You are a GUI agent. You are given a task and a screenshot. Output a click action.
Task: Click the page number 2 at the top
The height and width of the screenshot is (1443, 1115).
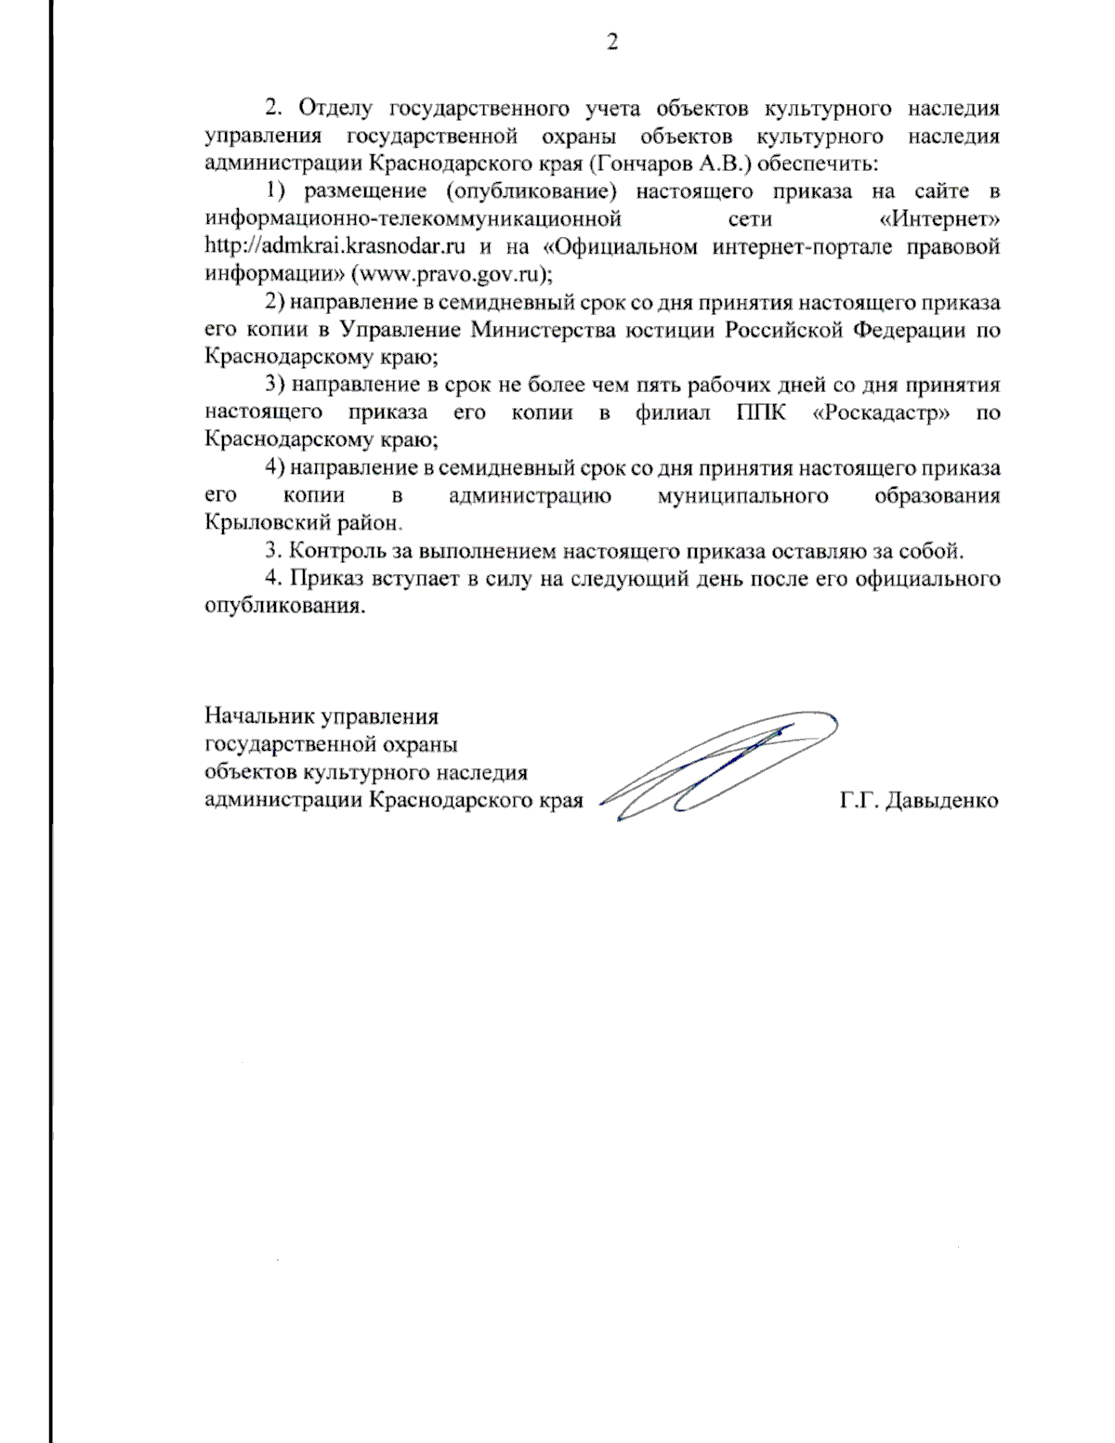[611, 42]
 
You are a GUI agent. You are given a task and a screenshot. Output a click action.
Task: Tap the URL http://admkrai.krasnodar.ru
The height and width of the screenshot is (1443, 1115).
[334, 247]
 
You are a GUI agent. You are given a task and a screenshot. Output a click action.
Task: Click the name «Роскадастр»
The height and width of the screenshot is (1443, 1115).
[881, 413]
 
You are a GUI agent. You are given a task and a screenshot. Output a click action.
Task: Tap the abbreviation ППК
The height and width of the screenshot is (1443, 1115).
[760, 413]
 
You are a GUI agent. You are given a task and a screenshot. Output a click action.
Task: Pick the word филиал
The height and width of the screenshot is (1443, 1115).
[672, 413]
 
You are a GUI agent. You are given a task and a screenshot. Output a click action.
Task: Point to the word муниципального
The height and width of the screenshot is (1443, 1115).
[742, 496]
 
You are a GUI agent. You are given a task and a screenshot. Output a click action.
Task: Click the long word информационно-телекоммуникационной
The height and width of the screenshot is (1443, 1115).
[413, 220]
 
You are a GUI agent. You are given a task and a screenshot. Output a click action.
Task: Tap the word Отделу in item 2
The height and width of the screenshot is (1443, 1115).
[334, 109]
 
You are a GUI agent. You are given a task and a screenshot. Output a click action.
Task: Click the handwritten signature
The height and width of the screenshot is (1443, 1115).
[715, 767]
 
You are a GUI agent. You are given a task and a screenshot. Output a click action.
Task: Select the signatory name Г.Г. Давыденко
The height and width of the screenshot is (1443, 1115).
[919, 801]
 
